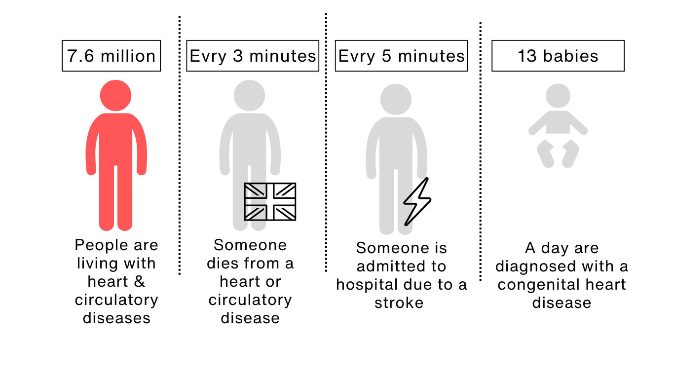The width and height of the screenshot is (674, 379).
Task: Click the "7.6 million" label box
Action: (x=111, y=56)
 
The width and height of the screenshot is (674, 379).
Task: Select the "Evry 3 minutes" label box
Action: (x=253, y=56)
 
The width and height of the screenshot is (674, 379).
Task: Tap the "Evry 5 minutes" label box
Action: (x=401, y=56)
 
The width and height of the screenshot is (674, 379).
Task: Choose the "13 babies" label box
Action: (x=558, y=56)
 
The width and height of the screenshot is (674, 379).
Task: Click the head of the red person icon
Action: (x=116, y=95)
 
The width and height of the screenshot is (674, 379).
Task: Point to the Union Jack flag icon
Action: (x=270, y=201)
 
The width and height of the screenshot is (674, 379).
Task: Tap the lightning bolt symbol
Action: (x=417, y=201)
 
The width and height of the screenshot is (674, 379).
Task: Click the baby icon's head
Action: (x=558, y=96)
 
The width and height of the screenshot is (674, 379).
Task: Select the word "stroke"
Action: (x=399, y=303)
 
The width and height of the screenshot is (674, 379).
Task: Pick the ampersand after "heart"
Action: (x=140, y=282)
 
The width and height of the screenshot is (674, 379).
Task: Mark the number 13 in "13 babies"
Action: (x=527, y=56)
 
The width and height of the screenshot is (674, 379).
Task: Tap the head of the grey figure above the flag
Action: (x=250, y=95)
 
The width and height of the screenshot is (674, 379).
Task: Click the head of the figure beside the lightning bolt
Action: (x=396, y=99)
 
